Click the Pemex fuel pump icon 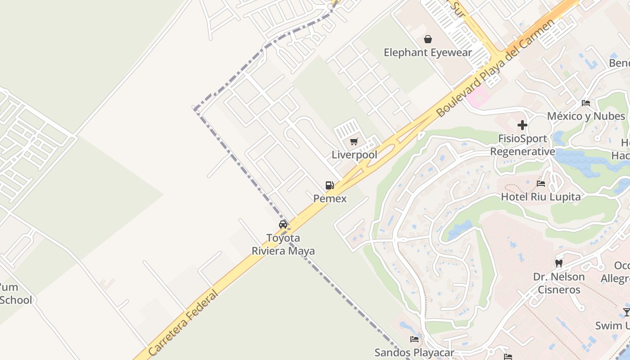tap(330, 185)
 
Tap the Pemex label tap(330, 198)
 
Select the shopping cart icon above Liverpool tap(354, 142)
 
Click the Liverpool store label tap(354, 155)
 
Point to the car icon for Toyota tap(283, 224)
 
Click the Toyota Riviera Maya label tap(283, 244)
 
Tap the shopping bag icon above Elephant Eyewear tap(428, 39)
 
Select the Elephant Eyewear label tap(428, 52)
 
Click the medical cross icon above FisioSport tap(522, 125)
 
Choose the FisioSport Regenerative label tap(522, 145)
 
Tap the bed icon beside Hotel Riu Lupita tap(541, 184)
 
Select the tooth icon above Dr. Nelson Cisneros tap(559, 263)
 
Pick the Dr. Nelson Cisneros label tap(559, 283)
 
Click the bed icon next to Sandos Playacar tap(414, 339)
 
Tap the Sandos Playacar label tap(414, 352)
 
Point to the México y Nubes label tap(586, 116)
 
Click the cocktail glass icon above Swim tap(626, 312)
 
